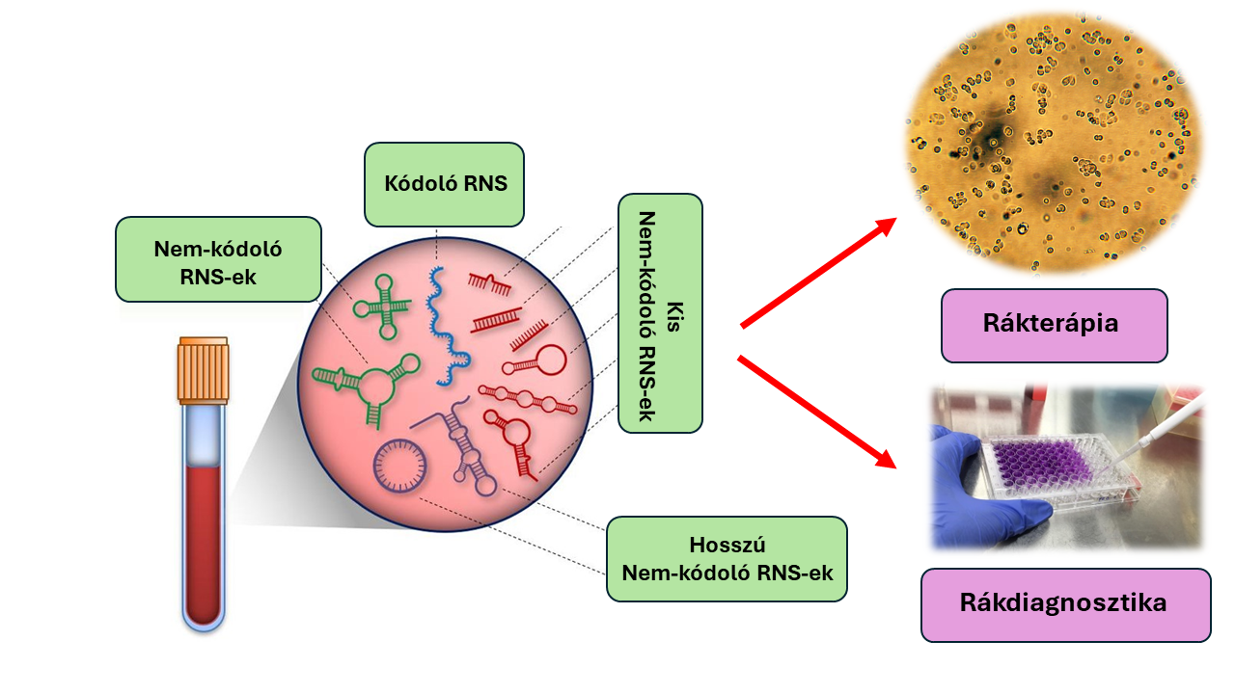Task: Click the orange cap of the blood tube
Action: point(203,371)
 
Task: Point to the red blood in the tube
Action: point(203,540)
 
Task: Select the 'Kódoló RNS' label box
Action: point(444,184)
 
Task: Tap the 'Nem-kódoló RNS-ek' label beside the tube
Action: point(217,259)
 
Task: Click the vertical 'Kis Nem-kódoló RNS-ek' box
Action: point(660,313)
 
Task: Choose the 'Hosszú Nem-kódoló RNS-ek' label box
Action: point(727,559)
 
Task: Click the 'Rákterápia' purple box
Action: point(1054,325)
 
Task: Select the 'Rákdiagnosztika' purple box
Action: point(1064,604)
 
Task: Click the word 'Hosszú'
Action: point(727,544)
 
